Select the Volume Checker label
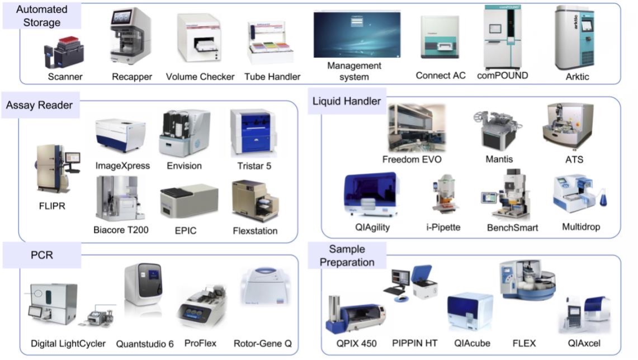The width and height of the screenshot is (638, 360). (x=200, y=77)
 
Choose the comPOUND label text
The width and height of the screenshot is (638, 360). (x=502, y=75)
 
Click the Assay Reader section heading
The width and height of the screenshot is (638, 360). (x=39, y=105)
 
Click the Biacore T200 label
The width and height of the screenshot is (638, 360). (x=121, y=229)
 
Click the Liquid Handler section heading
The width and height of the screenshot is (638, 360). (x=347, y=101)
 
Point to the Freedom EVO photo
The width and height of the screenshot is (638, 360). (x=416, y=128)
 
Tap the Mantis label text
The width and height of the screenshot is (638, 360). (x=499, y=159)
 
